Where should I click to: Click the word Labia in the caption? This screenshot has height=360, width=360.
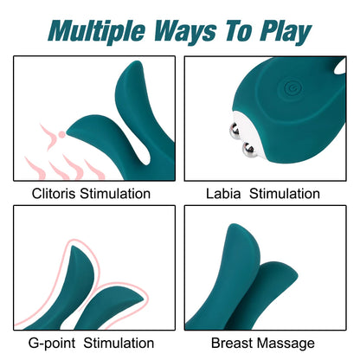226,194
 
